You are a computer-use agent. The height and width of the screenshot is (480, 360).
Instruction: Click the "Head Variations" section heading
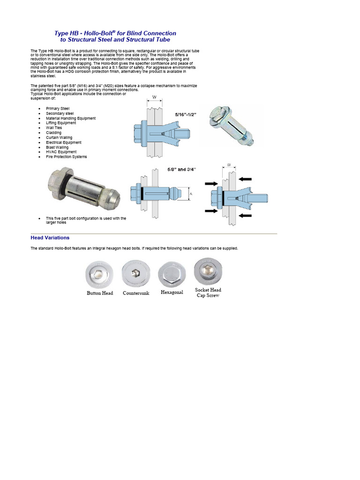50,238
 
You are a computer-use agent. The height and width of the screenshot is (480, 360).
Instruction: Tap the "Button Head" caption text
100,293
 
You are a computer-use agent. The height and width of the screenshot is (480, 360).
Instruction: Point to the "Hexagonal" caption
172,292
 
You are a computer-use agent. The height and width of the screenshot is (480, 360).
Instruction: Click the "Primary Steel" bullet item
57,108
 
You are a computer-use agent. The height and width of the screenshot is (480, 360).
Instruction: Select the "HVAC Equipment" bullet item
61,152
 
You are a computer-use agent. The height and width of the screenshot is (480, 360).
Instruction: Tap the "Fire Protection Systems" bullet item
66,157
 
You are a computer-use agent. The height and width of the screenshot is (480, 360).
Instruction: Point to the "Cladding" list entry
53,133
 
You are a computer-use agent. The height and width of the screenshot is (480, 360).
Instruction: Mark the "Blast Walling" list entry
57,147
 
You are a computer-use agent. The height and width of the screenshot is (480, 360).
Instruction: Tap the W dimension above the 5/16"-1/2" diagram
154,98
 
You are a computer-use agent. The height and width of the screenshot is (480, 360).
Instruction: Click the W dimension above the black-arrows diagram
228,165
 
